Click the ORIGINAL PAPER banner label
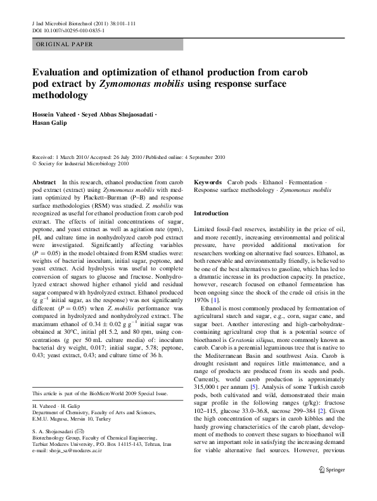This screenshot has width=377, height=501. [65, 44]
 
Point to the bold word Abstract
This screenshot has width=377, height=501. [44, 181]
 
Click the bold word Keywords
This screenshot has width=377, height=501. [208, 181]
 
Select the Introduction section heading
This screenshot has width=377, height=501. [210, 213]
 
